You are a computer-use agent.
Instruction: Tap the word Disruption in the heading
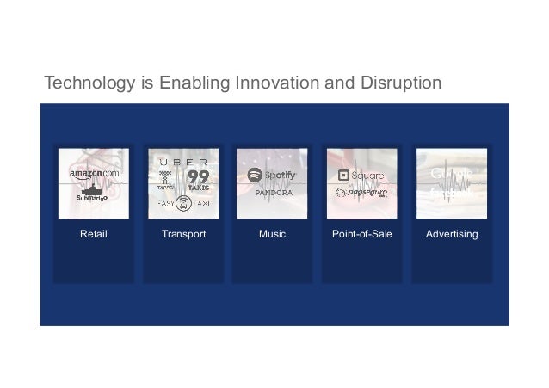point(399,83)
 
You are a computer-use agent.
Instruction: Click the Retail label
point(94,233)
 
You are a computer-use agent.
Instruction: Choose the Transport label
point(183,233)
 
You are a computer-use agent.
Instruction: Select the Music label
point(273,233)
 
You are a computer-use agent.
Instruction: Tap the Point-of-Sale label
point(362,233)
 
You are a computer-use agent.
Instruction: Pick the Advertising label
point(452,233)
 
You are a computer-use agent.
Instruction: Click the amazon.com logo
point(94,174)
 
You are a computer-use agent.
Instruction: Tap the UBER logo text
point(183,161)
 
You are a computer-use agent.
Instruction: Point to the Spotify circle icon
point(255,175)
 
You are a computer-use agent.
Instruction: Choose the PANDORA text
point(273,194)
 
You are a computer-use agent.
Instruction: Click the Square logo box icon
point(343,176)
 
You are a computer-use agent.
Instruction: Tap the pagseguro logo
point(362,194)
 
